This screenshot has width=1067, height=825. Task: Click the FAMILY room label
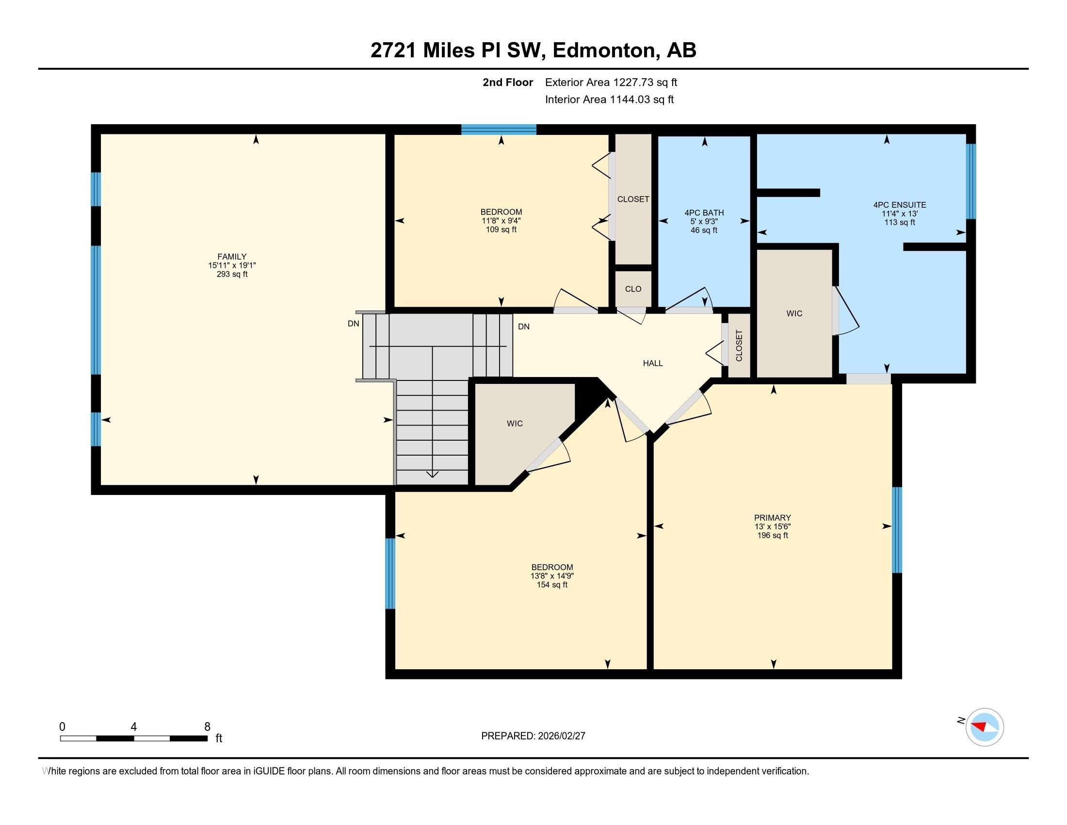231,257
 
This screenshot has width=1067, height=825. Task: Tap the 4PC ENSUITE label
899,205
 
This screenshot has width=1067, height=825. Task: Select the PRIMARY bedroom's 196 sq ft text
772,535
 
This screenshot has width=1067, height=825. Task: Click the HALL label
653,363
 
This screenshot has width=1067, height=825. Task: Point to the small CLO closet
633,289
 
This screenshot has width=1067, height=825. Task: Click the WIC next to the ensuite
794,313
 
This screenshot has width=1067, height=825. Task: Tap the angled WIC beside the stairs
515,423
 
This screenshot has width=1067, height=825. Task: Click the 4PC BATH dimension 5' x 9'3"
704,221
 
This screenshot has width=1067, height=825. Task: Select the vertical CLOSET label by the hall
739,346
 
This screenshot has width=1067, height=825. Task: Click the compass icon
985,727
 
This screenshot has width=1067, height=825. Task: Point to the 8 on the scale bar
207,727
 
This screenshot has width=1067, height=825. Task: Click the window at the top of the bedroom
499,130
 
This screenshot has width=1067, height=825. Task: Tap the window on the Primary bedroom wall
896,530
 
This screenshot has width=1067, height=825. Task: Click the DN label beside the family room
353,324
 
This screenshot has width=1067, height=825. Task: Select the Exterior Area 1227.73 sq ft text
611,82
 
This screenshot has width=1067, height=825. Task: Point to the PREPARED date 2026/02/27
560,736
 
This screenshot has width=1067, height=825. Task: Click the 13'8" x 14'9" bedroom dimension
552,576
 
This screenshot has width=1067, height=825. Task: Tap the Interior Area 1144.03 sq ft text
609,99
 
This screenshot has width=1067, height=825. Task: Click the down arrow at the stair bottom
432,474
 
